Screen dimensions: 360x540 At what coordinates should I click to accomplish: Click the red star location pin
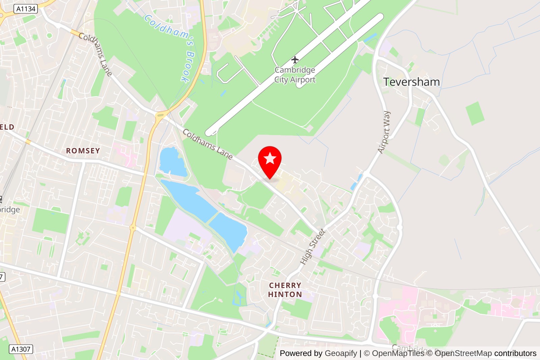(x=270, y=160)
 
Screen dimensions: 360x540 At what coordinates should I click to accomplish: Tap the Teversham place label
(x=411, y=82)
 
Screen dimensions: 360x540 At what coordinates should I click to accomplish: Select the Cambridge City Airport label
(x=295, y=75)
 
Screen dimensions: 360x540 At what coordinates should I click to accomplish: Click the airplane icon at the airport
(x=295, y=60)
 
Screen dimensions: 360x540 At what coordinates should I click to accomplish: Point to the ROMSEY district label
(x=83, y=151)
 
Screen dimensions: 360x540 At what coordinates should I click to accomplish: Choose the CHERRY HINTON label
(x=285, y=290)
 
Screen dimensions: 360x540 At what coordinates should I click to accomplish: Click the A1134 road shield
(x=26, y=9)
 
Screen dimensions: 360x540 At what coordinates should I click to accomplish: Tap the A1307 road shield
(x=21, y=349)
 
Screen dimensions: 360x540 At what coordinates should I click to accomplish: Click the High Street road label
(x=313, y=247)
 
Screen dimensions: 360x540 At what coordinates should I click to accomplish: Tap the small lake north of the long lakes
(x=172, y=161)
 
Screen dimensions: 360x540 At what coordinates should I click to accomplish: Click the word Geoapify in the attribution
(x=341, y=353)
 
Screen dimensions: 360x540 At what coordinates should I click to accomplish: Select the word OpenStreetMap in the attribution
(x=463, y=353)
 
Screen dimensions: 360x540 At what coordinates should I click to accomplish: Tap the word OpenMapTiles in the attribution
(x=398, y=353)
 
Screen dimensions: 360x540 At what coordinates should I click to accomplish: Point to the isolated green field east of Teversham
(x=475, y=113)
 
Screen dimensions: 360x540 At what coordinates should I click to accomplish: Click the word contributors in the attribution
(x=515, y=353)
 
